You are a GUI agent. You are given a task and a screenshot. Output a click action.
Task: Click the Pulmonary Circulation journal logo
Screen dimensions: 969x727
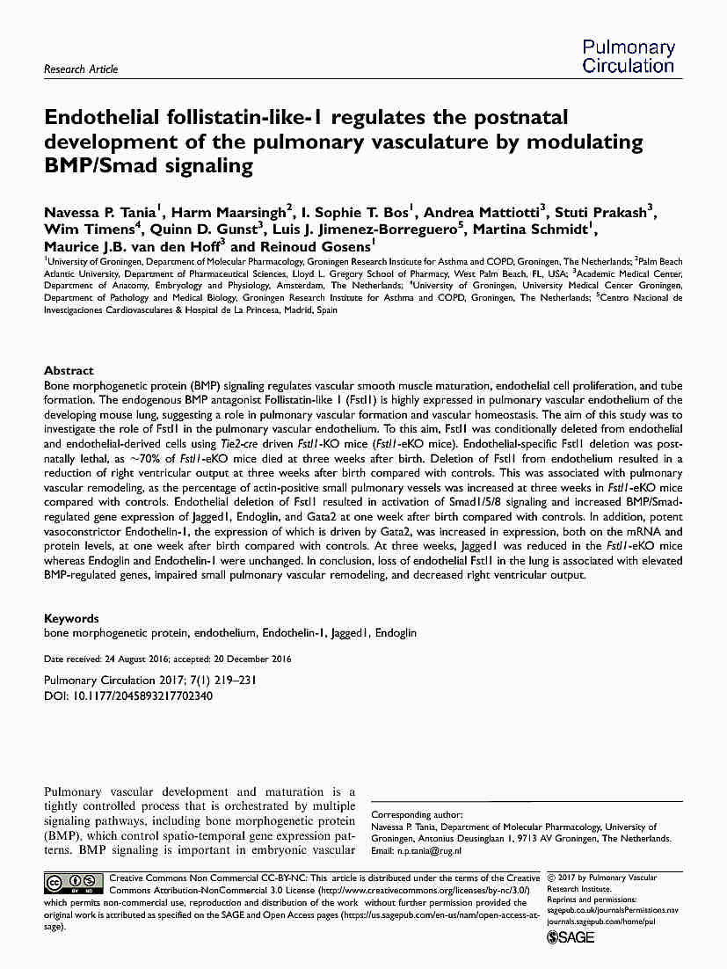point(628,56)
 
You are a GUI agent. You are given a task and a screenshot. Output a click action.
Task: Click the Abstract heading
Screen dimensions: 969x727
point(69,371)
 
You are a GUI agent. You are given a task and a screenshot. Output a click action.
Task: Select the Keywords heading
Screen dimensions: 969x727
point(71,618)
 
